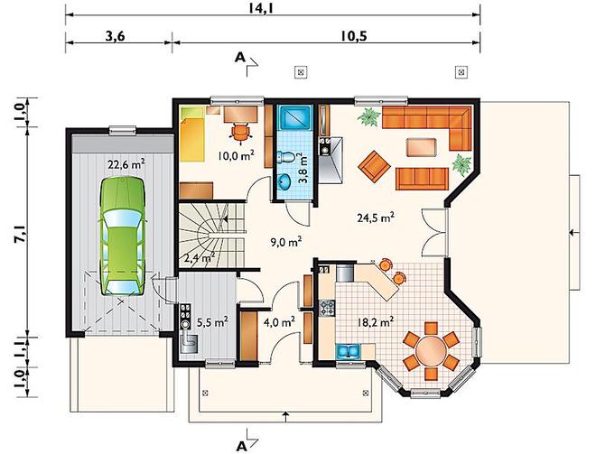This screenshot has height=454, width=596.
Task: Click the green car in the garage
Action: (x=123, y=236)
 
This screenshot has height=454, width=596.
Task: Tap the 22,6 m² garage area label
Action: (x=126, y=164)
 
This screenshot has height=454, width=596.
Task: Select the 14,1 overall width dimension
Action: (x=262, y=7)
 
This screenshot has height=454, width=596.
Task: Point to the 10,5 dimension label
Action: (x=353, y=36)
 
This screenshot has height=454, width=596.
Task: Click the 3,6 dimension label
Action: (x=116, y=36)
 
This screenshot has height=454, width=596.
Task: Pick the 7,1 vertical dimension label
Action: (x=21, y=233)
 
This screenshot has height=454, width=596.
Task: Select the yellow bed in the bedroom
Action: (x=191, y=134)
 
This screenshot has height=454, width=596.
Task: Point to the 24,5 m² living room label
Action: (x=375, y=218)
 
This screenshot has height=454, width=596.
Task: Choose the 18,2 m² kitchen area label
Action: (x=375, y=322)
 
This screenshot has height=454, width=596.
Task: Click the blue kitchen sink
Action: (x=349, y=351)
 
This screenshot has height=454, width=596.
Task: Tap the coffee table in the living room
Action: (x=421, y=147)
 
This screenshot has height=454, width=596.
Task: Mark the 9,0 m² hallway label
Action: (x=286, y=242)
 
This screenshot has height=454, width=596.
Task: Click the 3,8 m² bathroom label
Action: (x=305, y=168)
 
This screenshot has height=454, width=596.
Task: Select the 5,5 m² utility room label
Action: (x=212, y=322)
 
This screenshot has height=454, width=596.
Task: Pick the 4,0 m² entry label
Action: (x=279, y=322)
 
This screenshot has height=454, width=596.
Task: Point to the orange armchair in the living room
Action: (x=374, y=166)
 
